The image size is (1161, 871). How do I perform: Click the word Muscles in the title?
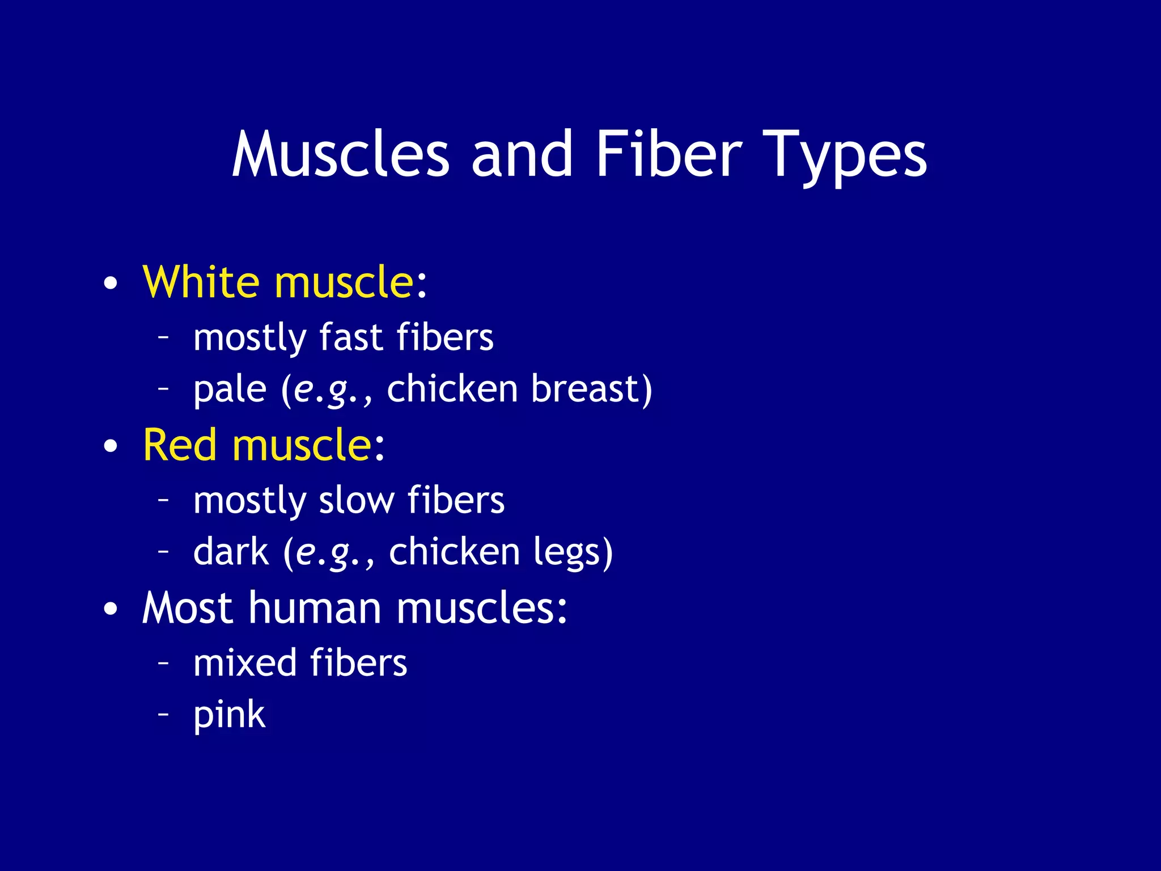341,154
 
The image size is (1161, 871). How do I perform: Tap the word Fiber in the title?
668,154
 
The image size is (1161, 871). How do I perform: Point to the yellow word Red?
180,445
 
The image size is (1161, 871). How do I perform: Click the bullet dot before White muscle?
111,283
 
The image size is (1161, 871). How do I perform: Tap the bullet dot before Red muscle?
111,446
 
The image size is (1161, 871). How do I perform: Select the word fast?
351,337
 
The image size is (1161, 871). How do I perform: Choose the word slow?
357,501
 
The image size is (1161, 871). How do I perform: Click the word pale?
230,391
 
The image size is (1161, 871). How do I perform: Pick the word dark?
231,552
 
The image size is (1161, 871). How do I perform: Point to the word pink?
229,716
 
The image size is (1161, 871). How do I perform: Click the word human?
315,608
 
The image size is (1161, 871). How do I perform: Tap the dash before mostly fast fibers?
163,336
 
